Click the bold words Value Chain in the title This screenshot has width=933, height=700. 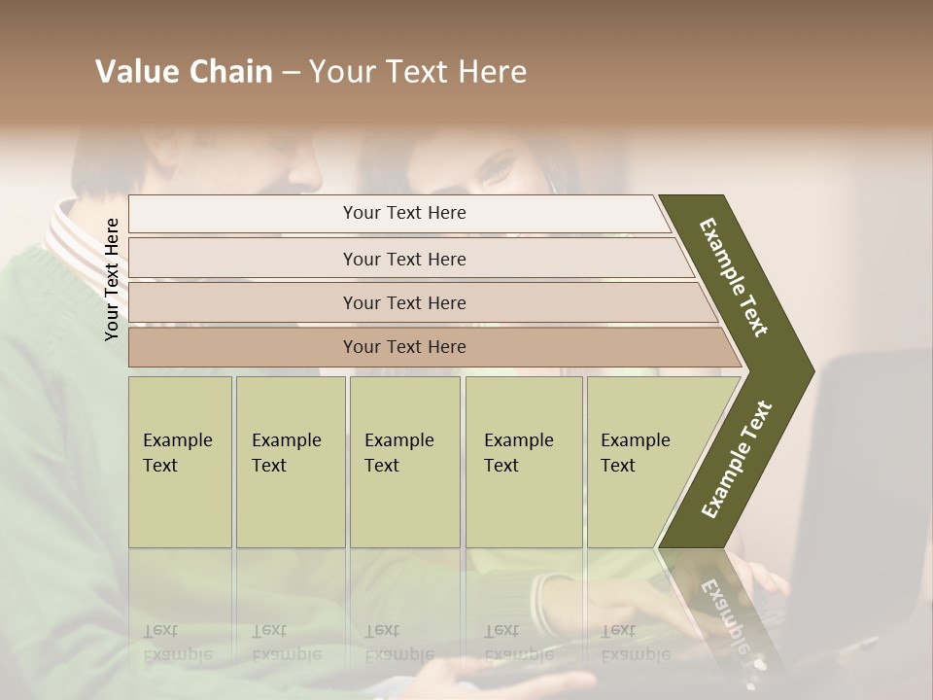pyautogui.click(x=184, y=72)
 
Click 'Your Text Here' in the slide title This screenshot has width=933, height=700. pyautogui.click(x=418, y=72)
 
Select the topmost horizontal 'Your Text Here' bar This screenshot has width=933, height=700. pyautogui.click(x=403, y=213)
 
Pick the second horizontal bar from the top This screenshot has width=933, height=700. pyautogui.click(x=403, y=259)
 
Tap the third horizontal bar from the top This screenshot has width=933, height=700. pyautogui.click(x=403, y=302)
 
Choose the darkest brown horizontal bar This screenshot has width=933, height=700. pyautogui.click(x=403, y=347)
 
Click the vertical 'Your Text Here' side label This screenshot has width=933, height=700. pyautogui.click(x=113, y=279)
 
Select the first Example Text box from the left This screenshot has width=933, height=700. pyautogui.click(x=180, y=462)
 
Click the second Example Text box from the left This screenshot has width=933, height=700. pyautogui.click(x=290, y=462)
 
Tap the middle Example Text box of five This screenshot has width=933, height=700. pyautogui.click(x=404, y=462)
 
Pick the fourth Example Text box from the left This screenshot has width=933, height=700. pyautogui.click(x=523, y=462)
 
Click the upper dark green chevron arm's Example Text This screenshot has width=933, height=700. pyautogui.click(x=735, y=277)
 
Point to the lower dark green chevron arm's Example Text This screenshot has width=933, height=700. pyautogui.click(x=737, y=459)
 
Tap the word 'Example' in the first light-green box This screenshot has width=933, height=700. pyautogui.click(x=178, y=440)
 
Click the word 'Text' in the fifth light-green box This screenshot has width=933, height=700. pyautogui.click(x=618, y=466)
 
